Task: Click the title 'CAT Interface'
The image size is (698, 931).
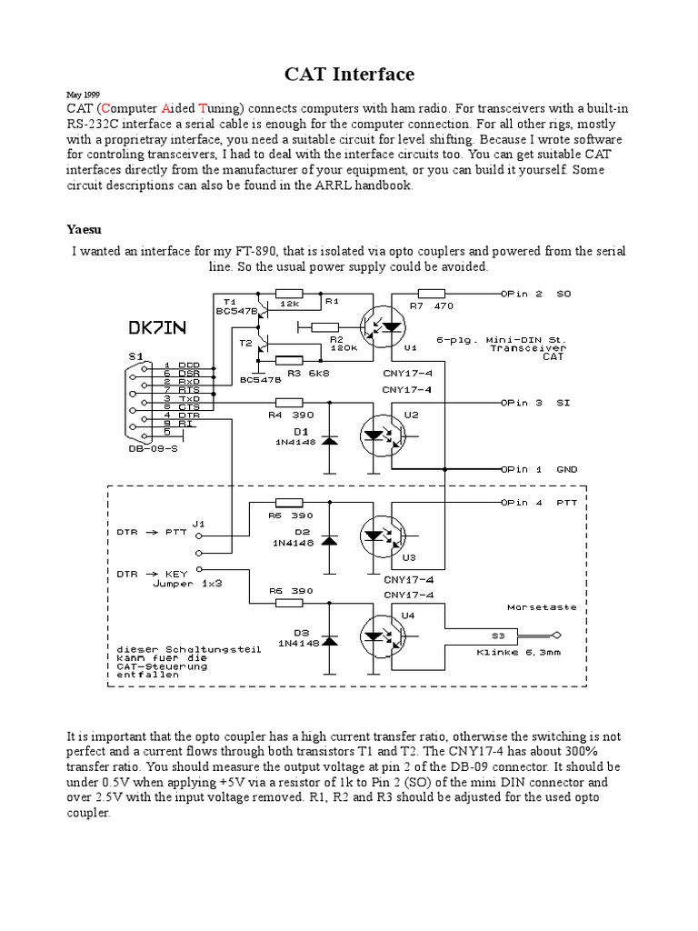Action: (x=350, y=75)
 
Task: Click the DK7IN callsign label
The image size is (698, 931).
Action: (x=160, y=326)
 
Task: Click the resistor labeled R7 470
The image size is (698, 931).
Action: (x=430, y=294)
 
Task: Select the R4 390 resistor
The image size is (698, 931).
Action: (x=289, y=401)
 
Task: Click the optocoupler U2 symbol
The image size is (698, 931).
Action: (x=384, y=434)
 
